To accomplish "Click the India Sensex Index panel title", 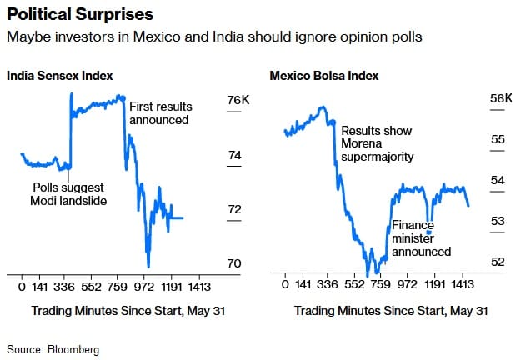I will (60, 76).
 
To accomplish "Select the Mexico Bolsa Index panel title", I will (324, 76).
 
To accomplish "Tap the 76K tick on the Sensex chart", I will (238, 101).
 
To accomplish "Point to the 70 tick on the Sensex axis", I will (234, 264).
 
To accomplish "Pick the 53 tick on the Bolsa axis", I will (498, 221).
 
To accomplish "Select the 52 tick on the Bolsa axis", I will (498, 262).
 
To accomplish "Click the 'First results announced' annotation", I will (159, 113).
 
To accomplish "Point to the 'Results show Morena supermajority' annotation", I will (377, 143).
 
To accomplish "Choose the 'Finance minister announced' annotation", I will (422, 237).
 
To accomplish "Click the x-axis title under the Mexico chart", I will (391, 311).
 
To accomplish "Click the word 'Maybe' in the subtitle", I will (26, 38).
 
